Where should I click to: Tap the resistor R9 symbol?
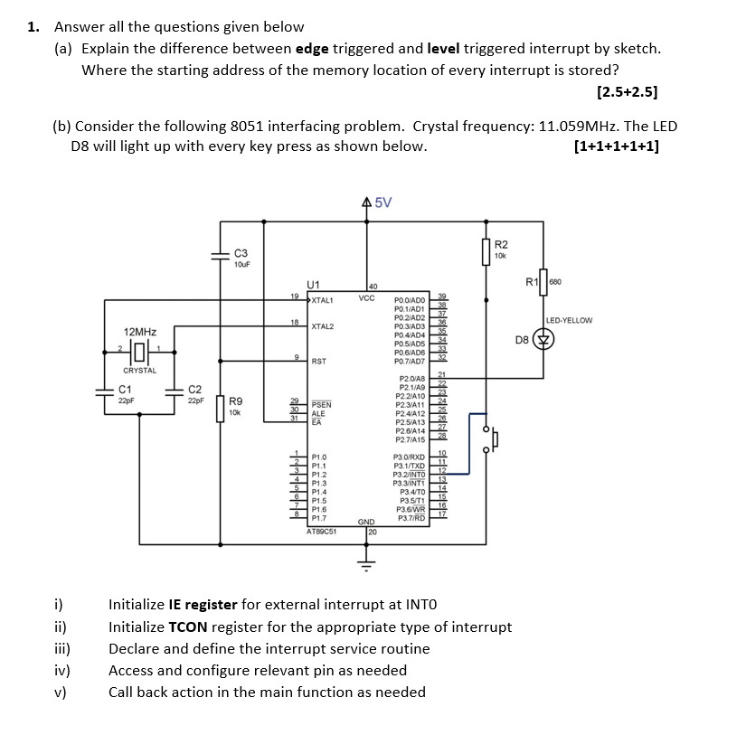click(x=220, y=407)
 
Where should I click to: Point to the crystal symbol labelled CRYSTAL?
click(x=140, y=352)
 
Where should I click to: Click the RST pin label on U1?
click(x=318, y=362)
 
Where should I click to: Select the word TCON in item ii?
click(x=188, y=627)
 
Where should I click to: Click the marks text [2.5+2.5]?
click(x=627, y=92)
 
